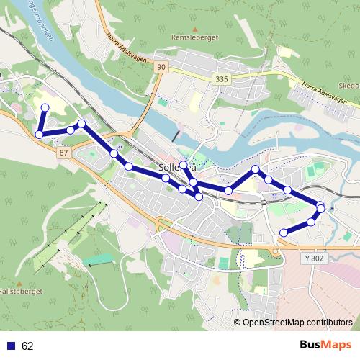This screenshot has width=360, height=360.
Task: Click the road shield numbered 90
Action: (x=161, y=67)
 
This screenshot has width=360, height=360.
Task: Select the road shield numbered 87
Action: (x=64, y=153)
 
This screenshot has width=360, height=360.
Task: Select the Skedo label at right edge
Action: (x=348, y=84)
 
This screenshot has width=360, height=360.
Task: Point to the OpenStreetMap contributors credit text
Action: (x=297, y=323)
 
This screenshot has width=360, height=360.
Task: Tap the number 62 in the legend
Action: (x=27, y=346)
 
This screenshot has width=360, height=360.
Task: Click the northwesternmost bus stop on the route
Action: (x=45, y=107)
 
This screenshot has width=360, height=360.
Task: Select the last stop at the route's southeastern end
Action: (x=284, y=232)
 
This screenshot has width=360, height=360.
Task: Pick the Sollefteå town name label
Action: (x=176, y=168)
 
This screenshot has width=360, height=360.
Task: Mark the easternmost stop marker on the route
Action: (x=320, y=207)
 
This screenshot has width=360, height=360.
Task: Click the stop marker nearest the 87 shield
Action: (x=71, y=130)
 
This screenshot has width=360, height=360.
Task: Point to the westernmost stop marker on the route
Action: (x=39, y=134)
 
